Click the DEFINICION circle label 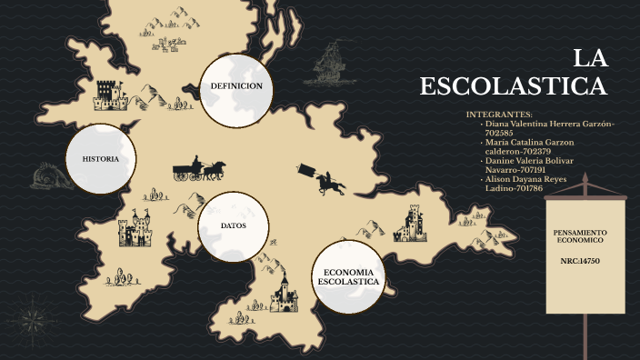click(x=236, y=85)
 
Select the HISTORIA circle click(x=101, y=159)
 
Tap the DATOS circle click(x=234, y=225)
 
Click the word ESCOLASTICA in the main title click(x=513, y=86)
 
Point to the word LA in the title click(x=590, y=59)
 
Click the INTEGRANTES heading click(x=499, y=115)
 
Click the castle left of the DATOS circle click(x=135, y=229)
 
